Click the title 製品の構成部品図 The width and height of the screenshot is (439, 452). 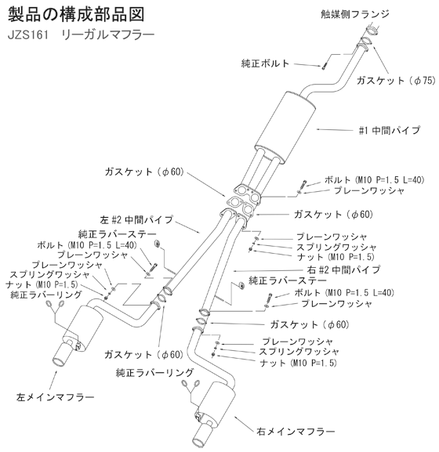[x=76, y=14]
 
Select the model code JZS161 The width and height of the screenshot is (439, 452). [x=28, y=35]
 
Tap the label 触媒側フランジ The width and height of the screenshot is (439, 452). [x=355, y=14]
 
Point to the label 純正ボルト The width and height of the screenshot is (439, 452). [x=265, y=63]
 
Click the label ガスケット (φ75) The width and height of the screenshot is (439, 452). [x=396, y=81]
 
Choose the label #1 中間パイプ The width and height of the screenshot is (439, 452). [x=390, y=130]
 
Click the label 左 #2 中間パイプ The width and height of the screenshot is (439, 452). [x=136, y=220]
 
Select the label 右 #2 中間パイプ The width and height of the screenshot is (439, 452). [x=344, y=269]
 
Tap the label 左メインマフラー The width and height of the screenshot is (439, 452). [x=56, y=397]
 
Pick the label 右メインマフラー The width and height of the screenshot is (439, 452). [x=296, y=432]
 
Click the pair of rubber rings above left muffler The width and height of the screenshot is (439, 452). [x=55, y=304]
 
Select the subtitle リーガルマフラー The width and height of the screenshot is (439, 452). [x=108, y=35]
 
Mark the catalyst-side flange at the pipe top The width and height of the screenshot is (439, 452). [x=372, y=30]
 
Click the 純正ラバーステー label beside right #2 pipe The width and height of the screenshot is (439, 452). [x=288, y=280]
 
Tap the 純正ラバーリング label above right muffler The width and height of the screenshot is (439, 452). [x=154, y=373]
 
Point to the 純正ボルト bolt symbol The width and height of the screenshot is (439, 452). [x=324, y=66]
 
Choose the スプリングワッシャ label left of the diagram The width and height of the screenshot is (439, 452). [x=50, y=275]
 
